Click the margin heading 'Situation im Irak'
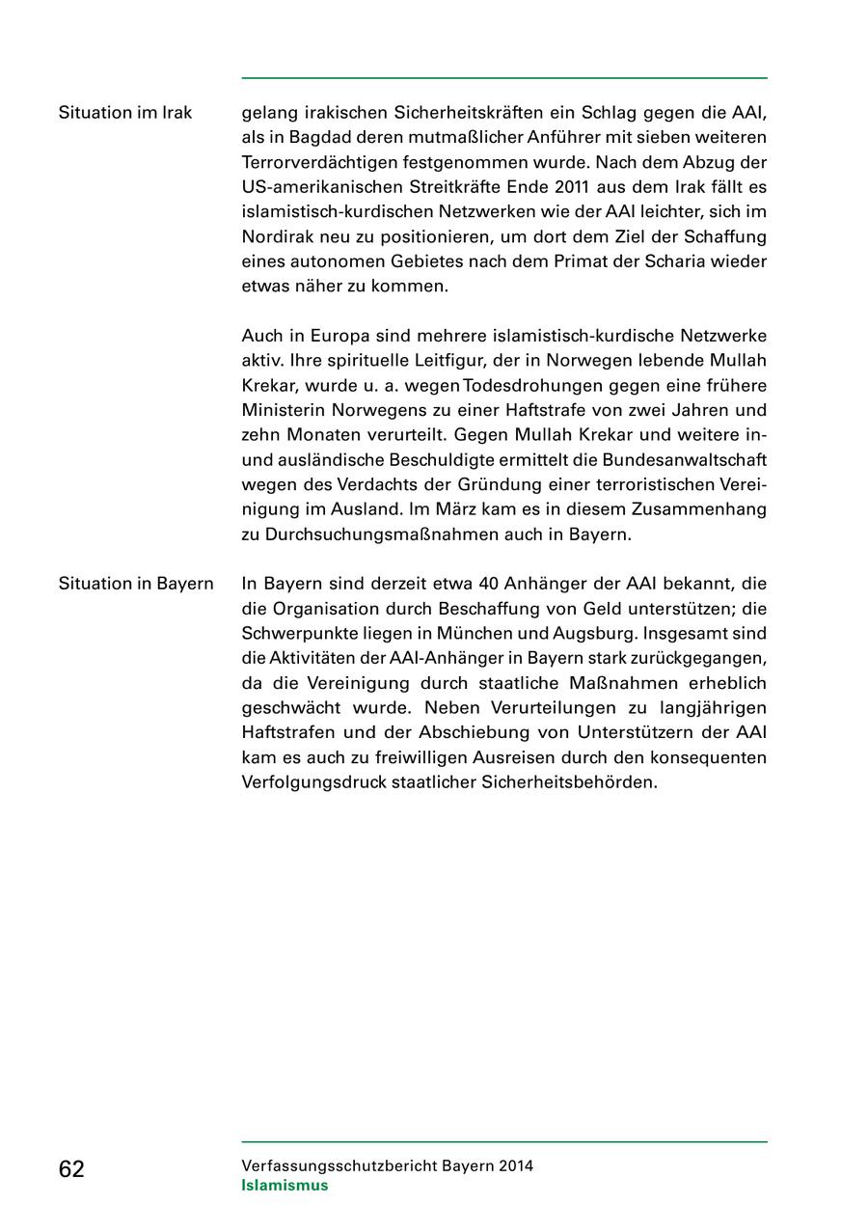pyautogui.click(x=125, y=113)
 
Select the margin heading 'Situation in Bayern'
pyautogui.click(x=136, y=584)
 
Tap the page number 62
pyautogui.click(x=71, y=1169)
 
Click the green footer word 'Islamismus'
pyautogui.click(x=285, y=1186)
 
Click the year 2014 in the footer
pyautogui.click(x=516, y=1165)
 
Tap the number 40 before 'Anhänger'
pyautogui.click(x=488, y=584)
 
